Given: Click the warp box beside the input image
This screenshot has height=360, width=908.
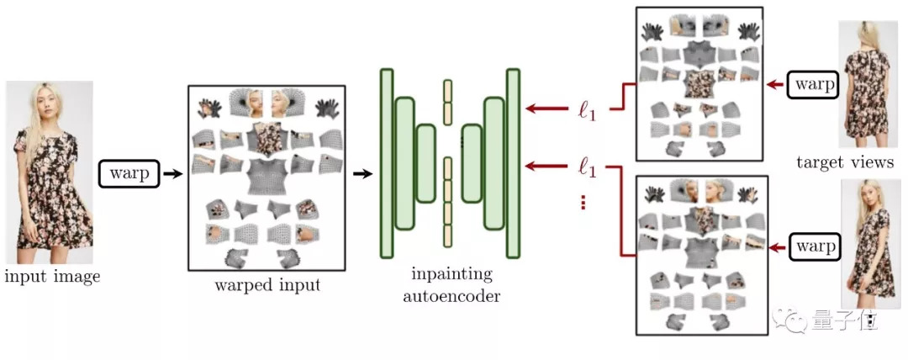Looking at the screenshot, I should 129,174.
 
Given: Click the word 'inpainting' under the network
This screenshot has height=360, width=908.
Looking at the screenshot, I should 452,275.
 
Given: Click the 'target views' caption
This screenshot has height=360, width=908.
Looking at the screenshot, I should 844,162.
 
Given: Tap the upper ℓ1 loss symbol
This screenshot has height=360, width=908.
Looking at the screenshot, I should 587,110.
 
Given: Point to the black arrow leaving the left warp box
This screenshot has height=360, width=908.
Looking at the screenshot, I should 172,174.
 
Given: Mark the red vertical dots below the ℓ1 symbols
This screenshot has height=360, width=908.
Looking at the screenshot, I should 583,203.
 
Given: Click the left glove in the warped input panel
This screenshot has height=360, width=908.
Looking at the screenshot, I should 209,107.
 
